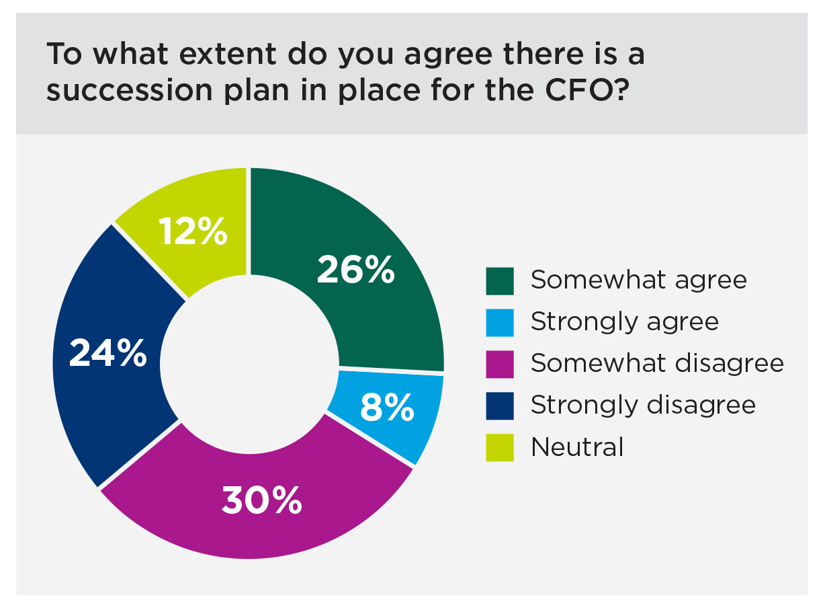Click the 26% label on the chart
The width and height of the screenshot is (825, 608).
(x=355, y=270)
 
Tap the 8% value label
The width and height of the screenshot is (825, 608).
(x=386, y=408)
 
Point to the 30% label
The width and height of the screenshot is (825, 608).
(x=262, y=501)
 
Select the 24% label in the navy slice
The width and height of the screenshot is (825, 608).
(x=107, y=353)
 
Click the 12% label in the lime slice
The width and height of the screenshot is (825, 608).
(x=193, y=231)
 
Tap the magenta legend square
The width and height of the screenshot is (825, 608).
(x=500, y=365)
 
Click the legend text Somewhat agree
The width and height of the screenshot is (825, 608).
(x=638, y=280)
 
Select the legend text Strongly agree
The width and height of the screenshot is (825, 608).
(x=624, y=322)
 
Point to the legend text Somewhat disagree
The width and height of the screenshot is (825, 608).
(x=657, y=364)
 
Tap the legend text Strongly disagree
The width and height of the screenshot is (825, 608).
(x=643, y=406)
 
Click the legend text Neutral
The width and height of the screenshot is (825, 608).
(x=577, y=447)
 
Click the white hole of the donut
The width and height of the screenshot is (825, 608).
(x=249, y=356)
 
